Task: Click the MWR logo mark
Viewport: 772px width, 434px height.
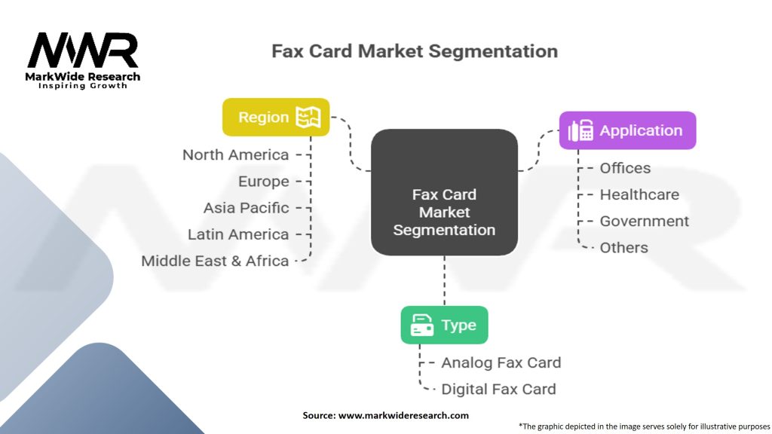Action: pos(83,50)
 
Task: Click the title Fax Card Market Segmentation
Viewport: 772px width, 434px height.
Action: pos(415,52)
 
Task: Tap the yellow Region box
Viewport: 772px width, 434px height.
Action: pos(276,117)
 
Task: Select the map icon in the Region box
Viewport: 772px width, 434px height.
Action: pos(308,117)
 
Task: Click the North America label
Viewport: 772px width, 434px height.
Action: pos(235,154)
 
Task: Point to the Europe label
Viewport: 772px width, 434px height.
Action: pos(263,182)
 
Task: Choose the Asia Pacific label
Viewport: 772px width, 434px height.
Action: pos(246,208)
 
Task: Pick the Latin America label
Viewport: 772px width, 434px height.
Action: pos(238,234)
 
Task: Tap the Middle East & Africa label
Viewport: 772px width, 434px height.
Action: pos(215,261)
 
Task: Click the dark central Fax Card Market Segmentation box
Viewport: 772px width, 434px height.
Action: pos(444,192)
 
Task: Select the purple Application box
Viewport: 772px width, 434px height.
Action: pos(627,130)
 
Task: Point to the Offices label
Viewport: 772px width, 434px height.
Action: pos(625,168)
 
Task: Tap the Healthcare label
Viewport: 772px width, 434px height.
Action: pos(639,194)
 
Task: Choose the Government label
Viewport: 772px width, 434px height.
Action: pos(644,221)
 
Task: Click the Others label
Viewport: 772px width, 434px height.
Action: pos(623,247)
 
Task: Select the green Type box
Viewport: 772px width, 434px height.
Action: pos(444,325)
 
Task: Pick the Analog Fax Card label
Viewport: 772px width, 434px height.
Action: pos(501,362)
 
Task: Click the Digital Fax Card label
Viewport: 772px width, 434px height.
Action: pos(498,389)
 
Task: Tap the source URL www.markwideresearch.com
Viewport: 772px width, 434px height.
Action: pos(403,415)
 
